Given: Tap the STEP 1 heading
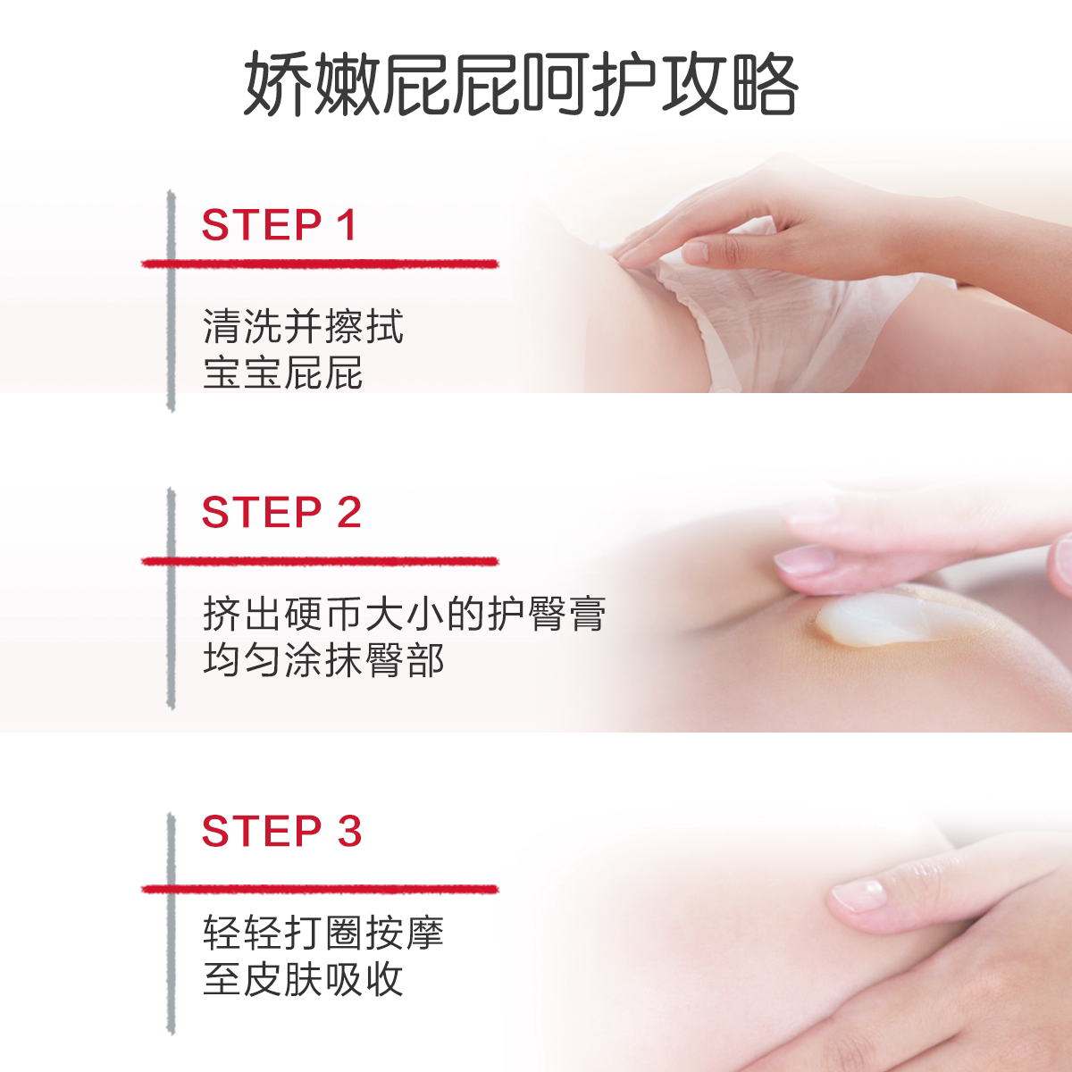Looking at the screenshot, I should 280,225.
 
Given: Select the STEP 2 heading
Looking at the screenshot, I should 281,513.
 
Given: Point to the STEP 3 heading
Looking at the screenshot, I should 281,831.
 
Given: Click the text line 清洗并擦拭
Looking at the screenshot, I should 303,327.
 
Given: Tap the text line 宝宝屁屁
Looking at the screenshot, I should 282,373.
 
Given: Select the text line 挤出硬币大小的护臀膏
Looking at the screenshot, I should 404,615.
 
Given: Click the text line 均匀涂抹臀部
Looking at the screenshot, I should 322,661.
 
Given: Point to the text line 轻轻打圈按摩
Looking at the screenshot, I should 322,934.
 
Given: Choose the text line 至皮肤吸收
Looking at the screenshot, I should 303,979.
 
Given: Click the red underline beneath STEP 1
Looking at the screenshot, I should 319,264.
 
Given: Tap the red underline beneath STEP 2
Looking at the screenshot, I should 319,561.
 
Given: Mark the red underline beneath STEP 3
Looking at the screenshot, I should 319,889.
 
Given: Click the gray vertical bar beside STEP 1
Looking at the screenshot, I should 170,299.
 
